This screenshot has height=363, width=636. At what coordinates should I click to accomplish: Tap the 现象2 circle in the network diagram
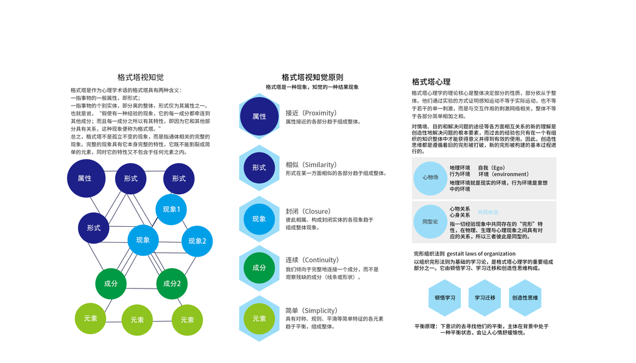click(197, 241)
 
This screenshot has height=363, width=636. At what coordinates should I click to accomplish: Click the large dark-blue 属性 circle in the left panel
click(85, 178)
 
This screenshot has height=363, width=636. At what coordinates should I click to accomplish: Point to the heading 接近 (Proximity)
click(311, 113)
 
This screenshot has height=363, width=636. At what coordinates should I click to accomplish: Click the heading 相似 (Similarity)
click(311, 165)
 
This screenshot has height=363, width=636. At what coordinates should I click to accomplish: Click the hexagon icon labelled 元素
click(259, 318)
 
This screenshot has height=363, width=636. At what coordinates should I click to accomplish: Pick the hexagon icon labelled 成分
click(259, 267)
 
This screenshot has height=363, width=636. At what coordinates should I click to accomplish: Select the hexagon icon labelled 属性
click(259, 116)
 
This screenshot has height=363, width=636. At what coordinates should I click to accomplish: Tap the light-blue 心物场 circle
click(430, 177)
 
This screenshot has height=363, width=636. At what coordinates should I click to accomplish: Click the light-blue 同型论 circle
click(430, 221)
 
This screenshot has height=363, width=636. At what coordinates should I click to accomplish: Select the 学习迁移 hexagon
click(485, 298)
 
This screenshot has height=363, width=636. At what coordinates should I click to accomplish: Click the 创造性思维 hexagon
click(525, 298)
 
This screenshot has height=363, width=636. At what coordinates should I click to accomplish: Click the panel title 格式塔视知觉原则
click(312, 77)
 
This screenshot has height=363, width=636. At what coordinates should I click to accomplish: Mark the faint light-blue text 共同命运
click(488, 212)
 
